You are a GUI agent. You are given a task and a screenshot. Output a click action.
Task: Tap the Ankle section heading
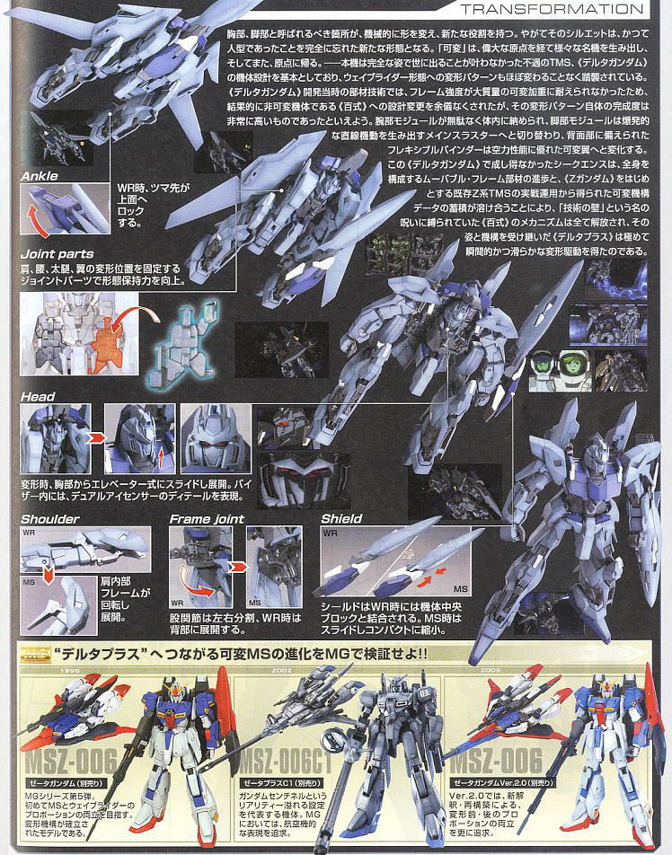(x=40, y=176)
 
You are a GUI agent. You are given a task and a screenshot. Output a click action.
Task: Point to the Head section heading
(x=38, y=396)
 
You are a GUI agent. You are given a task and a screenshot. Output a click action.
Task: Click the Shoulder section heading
(x=49, y=518)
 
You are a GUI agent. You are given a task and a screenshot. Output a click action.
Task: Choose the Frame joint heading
(x=207, y=518)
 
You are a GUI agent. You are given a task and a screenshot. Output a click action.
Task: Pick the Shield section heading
(x=341, y=518)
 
